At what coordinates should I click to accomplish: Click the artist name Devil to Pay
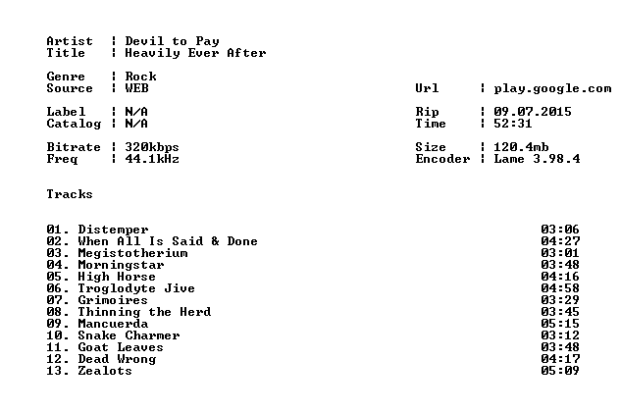pos(172,41)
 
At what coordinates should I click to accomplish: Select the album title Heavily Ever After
pos(195,53)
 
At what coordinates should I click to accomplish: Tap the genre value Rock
pos(140,77)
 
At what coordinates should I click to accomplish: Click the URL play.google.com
pos(552,88)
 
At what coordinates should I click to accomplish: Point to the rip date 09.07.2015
pos(533,112)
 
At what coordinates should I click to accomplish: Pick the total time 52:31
pos(512,124)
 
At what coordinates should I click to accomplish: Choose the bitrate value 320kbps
pos(152,147)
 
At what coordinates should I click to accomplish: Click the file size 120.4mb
pos(521,147)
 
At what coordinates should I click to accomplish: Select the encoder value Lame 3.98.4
pos(537,159)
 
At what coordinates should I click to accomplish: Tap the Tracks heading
pos(70,194)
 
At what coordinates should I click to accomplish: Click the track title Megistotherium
pos(132,253)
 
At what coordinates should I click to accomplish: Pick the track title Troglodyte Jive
pos(136,288)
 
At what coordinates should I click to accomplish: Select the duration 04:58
pos(560,288)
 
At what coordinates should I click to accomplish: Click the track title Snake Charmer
pos(129,335)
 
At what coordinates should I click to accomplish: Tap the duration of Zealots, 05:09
pos(560,371)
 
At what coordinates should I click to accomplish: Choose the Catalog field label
pos(74,125)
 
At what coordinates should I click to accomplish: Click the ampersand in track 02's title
pos(215,241)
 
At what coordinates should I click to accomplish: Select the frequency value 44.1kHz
pos(152,159)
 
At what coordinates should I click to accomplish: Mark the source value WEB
pos(136,88)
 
